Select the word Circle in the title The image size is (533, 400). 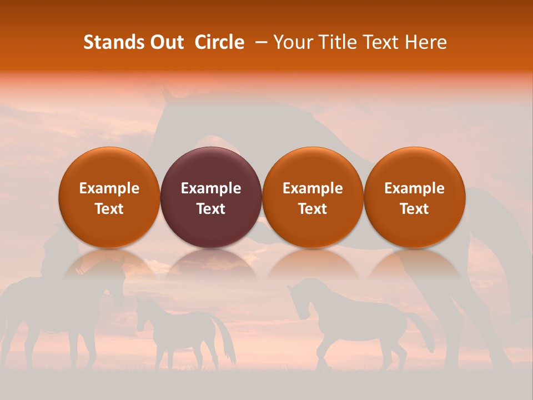(x=219, y=42)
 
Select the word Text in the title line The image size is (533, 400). (x=382, y=42)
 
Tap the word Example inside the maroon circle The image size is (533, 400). (x=211, y=188)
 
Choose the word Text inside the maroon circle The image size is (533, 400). (x=211, y=209)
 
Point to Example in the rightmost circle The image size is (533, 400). (x=414, y=188)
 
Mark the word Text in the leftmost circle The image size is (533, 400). (x=109, y=209)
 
